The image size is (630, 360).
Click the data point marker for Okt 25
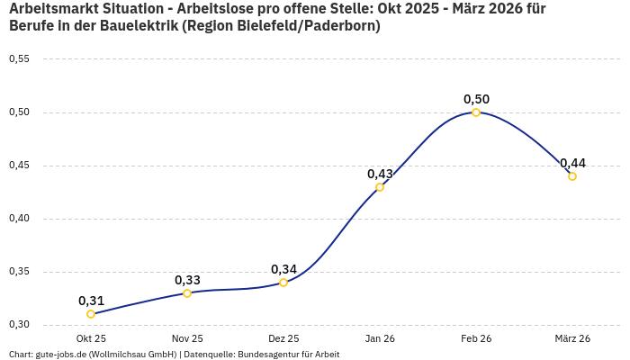91,314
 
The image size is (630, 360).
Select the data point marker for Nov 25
187,293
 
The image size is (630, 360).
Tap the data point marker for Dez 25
283,283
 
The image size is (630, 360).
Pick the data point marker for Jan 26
380,187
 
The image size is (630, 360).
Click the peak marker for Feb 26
476,112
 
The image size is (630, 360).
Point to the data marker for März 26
572,176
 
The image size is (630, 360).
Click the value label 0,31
91,301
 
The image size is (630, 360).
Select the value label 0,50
476,99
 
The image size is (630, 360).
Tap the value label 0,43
380,174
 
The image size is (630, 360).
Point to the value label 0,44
572,163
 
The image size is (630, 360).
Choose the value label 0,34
283,269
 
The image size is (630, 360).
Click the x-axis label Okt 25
91,338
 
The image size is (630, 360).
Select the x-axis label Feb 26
476,338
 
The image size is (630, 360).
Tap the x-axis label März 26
572,338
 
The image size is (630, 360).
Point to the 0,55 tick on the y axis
19,59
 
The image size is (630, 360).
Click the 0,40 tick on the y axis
19,219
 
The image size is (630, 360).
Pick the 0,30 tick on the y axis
19,325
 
